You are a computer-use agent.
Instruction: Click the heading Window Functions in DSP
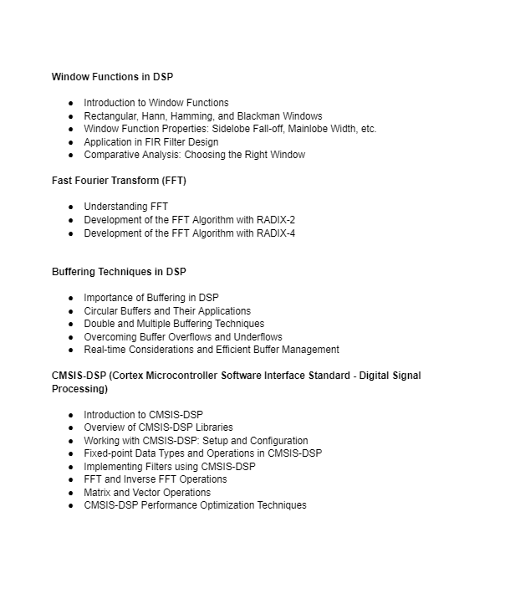coord(112,77)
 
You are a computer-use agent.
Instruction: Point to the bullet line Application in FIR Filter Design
coord(151,142)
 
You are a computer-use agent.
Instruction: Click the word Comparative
coord(112,155)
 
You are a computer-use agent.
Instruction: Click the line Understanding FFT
coord(125,207)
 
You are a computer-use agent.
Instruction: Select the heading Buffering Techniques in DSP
coord(119,272)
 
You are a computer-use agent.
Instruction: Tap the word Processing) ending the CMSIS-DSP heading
coord(79,389)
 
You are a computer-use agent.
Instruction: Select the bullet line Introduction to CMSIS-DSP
coord(143,415)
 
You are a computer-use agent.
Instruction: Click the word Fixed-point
coord(110,453)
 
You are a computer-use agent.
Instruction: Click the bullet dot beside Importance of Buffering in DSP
coord(71,299)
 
